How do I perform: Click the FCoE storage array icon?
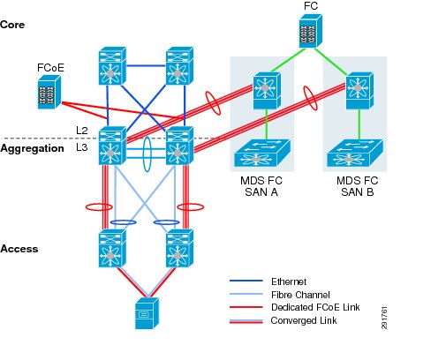click(49, 92)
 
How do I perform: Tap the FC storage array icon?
click(311, 31)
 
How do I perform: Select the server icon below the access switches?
click(147, 313)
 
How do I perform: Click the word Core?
click(12, 25)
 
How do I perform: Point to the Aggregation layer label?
click(32, 148)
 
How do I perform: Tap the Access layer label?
click(19, 249)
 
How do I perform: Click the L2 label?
click(82, 131)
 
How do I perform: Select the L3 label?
click(82, 147)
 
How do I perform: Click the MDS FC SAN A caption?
click(261, 186)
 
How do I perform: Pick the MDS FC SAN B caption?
click(358, 186)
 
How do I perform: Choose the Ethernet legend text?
click(289, 281)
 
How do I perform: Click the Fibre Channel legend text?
click(300, 295)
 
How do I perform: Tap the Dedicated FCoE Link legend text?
click(315, 307)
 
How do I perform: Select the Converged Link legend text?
click(304, 320)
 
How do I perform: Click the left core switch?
click(112, 66)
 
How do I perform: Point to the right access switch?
click(179, 249)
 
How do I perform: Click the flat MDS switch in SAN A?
click(262, 153)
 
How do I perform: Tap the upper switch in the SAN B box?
click(359, 91)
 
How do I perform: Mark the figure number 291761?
click(384, 318)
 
